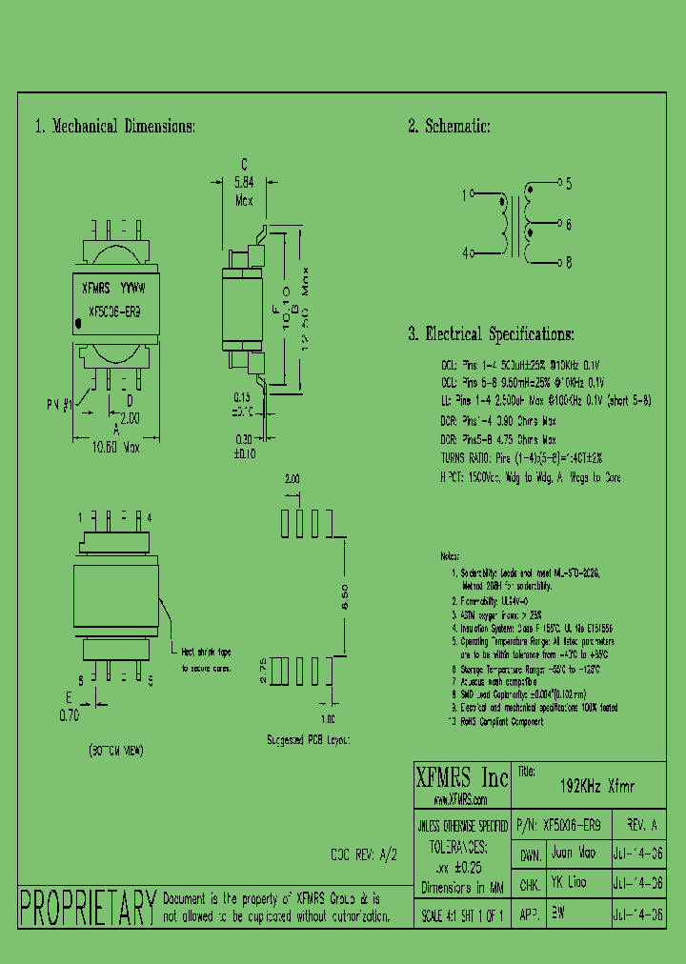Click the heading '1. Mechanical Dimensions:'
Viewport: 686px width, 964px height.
point(114,127)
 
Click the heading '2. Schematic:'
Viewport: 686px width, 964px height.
point(449,127)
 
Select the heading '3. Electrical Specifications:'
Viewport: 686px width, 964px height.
point(491,334)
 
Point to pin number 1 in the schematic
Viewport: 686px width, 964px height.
point(465,195)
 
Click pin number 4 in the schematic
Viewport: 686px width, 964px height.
point(465,254)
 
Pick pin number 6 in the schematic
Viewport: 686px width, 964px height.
point(569,225)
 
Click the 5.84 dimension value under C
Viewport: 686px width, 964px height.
point(244,181)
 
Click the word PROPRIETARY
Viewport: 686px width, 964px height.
point(88,907)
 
